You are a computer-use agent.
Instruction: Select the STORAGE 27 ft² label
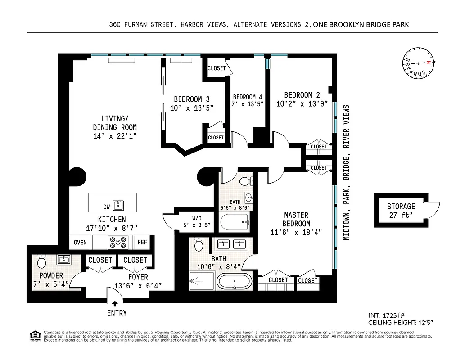[x=401, y=211]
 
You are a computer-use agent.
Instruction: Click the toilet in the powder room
[x=41, y=261]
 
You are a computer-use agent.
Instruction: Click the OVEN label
[x=80, y=243]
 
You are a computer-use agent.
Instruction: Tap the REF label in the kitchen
[x=142, y=243]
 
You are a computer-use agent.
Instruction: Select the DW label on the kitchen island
[x=106, y=207]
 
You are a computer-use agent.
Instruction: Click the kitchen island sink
[x=119, y=206]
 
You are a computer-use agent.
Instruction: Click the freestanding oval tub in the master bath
[x=235, y=282]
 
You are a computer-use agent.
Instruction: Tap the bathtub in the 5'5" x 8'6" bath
[x=235, y=222]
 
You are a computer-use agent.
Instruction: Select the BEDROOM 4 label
[x=247, y=97]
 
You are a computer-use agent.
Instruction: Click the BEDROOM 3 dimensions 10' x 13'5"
[x=191, y=108]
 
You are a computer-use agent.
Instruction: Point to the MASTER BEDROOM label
[x=296, y=220]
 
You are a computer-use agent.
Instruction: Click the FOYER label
[x=138, y=277]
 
